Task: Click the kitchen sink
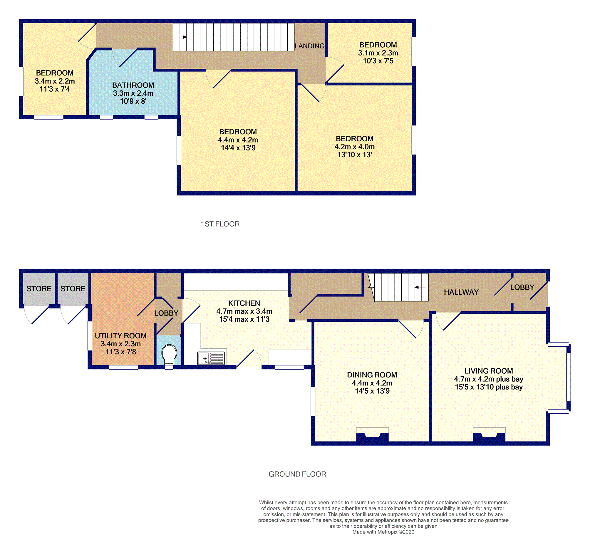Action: tap(211, 358)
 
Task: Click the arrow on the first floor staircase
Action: tap(181, 37)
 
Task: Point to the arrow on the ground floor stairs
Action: tap(420, 287)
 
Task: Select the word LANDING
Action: tap(310, 46)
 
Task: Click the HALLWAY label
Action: tap(461, 292)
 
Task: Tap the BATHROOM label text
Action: tap(133, 85)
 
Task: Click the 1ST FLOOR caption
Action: tap(220, 224)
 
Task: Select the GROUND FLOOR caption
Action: tap(297, 474)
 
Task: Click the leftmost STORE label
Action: tap(39, 288)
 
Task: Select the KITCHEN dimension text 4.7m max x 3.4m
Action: tap(244, 311)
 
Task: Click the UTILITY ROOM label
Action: tap(121, 336)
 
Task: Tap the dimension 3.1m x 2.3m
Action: tap(378, 53)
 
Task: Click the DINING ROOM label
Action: tap(372, 375)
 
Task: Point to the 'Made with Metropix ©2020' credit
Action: tap(383, 532)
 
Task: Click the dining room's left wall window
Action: tap(313, 401)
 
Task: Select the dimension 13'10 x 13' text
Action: tap(354, 155)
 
